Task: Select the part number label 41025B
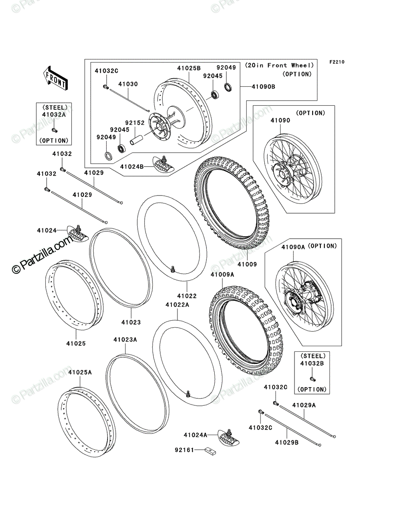coord(189,68)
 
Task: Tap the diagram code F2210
coord(337,62)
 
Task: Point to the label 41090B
coord(263,87)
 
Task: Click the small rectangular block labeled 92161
coord(210,451)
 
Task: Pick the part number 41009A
coord(222,275)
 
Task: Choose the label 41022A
coord(177,305)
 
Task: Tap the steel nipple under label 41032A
coord(54,130)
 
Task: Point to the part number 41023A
coord(125,340)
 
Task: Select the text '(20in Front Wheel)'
coord(279,65)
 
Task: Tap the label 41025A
coord(80,372)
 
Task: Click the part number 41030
coord(128,84)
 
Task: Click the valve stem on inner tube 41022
coord(173,268)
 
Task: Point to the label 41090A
coord(293,247)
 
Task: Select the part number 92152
coord(135,123)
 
